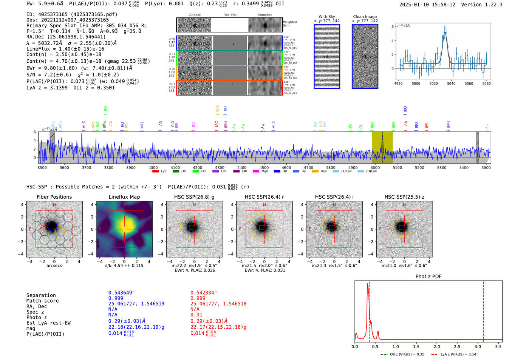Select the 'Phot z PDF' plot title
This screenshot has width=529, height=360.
pyautogui.click(x=428, y=276)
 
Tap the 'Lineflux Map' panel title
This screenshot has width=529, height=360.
pyautogui.click(x=124, y=197)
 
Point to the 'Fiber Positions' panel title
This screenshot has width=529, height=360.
pyautogui.click(x=54, y=197)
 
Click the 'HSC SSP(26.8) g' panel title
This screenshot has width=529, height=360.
pyautogui.click(x=194, y=197)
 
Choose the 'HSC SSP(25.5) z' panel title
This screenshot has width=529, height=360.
pyautogui.click(x=404, y=197)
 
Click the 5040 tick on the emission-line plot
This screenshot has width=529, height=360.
pyautogui.click(x=451, y=83)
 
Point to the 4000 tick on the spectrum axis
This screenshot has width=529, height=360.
pyautogui.click(x=153, y=167)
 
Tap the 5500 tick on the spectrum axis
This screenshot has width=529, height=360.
pyautogui.click(x=486, y=167)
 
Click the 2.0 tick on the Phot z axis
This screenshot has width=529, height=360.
pyautogui.click(x=437, y=346)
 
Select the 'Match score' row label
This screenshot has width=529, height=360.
pyautogui.click(x=42, y=301)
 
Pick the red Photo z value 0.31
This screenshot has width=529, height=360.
pyautogui.click(x=196, y=315)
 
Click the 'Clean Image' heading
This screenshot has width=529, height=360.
pyautogui.click(x=365, y=17)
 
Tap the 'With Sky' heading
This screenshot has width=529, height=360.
pyautogui.click(x=326, y=17)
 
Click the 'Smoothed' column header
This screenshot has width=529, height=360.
pyautogui.click(x=264, y=15)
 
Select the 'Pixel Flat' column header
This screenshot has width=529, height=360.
pyautogui.click(x=230, y=15)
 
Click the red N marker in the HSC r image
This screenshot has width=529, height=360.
pyautogui.click(x=264, y=205)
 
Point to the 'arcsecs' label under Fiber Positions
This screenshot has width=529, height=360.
pyautogui.click(x=54, y=266)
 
